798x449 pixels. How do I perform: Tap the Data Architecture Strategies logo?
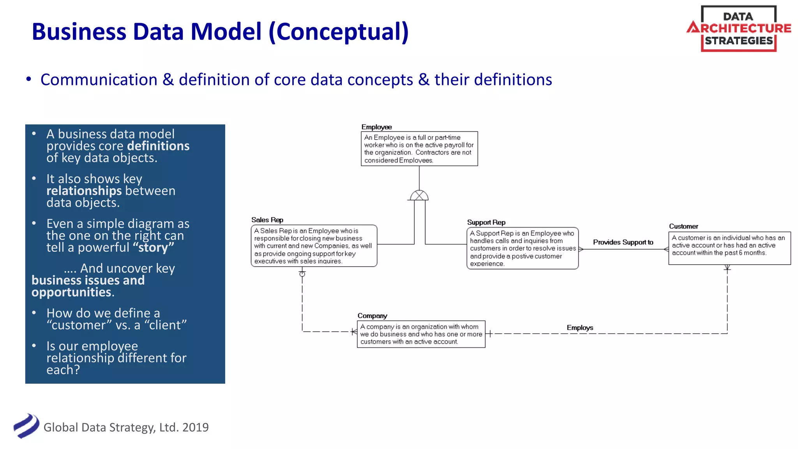coord(739,28)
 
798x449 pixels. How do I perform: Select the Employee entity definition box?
coord(419,148)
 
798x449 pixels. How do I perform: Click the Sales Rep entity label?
coord(267,220)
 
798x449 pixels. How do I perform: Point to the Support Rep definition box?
coord(522,248)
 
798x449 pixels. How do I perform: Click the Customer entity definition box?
coord(729,248)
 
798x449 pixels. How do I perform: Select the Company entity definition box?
coord(421,334)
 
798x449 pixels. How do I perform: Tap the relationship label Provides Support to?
coord(623,242)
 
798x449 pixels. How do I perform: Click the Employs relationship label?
coord(579,327)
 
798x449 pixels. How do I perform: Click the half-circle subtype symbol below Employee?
coord(419,196)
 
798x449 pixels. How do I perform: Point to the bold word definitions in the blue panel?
coord(158,146)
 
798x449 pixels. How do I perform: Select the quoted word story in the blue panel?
coord(153,247)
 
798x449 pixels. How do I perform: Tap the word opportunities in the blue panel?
coord(72,292)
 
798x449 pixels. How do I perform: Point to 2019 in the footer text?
coord(195,427)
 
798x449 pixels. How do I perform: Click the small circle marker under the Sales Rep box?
coord(302,274)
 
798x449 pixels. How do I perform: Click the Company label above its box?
coord(372,316)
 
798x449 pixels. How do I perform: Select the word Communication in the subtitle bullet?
coord(99,80)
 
